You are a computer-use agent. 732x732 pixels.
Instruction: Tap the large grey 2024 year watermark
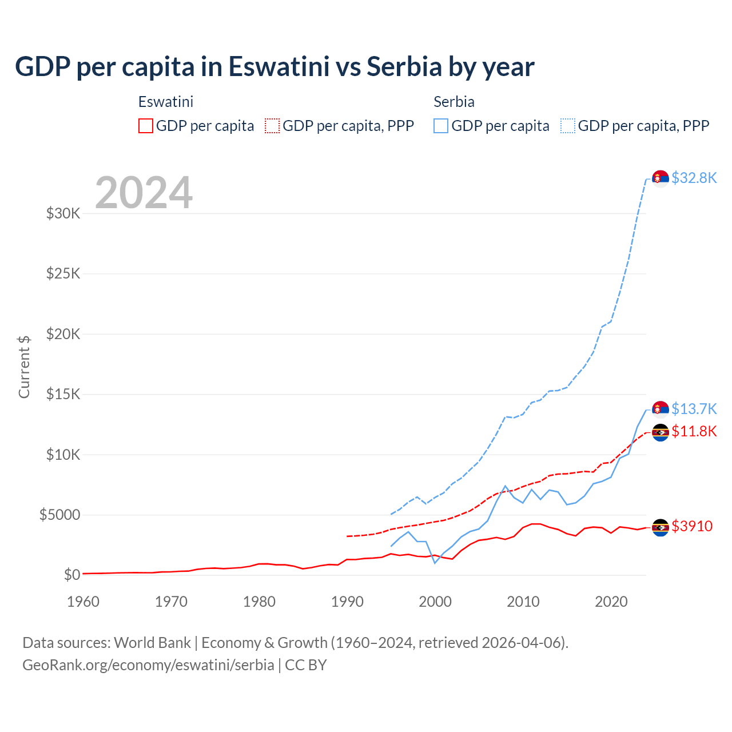coord(144,193)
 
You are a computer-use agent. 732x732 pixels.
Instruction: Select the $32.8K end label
coord(694,178)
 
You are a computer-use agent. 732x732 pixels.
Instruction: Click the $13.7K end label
coord(694,409)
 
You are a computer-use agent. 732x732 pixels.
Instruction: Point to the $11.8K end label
coord(694,431)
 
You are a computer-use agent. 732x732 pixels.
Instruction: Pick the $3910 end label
coord(692,526)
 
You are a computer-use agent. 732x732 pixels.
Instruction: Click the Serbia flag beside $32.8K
coord(661,178)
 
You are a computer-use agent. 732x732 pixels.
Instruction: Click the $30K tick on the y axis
coord(63,214)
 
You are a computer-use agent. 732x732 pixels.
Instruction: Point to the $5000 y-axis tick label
coord(59,515)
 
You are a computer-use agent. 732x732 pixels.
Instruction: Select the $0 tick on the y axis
coord(71,575)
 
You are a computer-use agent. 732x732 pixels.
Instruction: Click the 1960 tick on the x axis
coord(83,602)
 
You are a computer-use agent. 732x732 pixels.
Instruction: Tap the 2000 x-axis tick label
coord(435,602)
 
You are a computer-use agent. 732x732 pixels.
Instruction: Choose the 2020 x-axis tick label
coord(611,602)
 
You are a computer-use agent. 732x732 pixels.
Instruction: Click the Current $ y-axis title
coord(24,367)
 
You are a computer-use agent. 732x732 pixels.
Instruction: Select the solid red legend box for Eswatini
coord(146,126)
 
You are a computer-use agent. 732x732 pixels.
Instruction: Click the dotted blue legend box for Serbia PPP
coord(568,126)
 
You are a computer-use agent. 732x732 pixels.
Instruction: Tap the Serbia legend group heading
coord(454,102)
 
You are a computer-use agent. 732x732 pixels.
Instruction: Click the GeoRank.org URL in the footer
coord(148,665)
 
